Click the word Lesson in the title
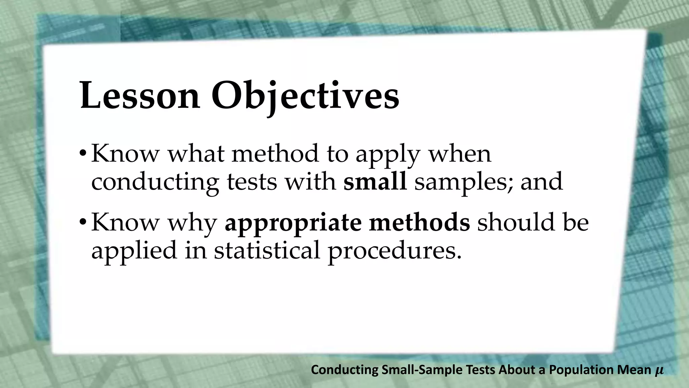click(x=140, y=96)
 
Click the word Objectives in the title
click(x=305, y=96)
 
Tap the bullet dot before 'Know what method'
click(x=83, y=154)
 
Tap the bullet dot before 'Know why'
click(x=83, y=223)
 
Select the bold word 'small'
click(x=375, y=182)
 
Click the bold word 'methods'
click(x=419, y=222)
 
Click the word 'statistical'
click(x=267, y=250)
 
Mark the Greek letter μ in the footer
click(x=659, y=370)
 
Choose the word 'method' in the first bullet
click(x=275, y=154)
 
